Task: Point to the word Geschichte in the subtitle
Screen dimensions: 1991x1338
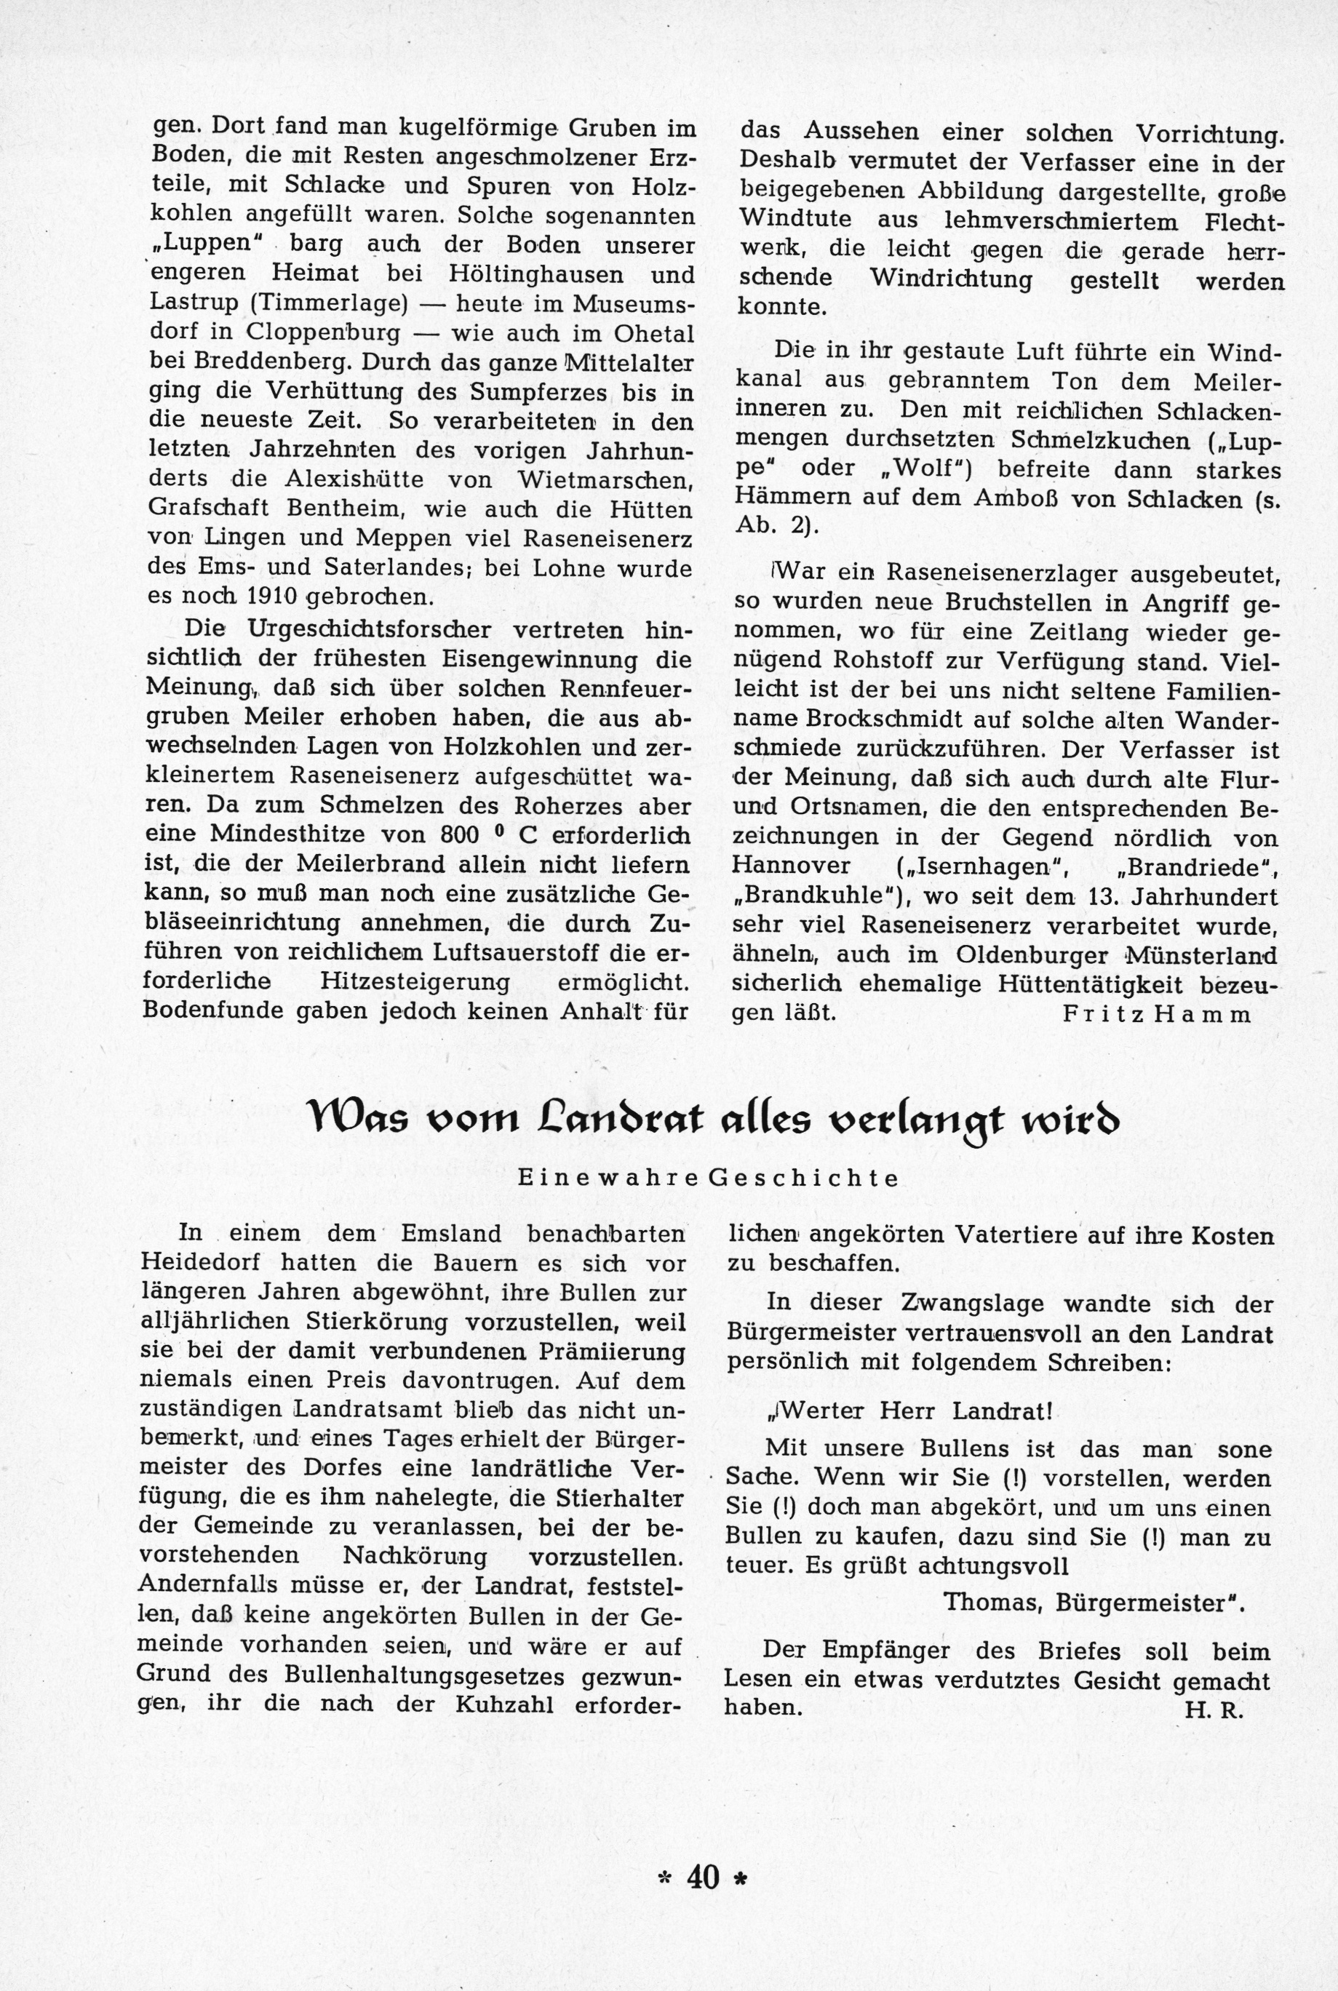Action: point(804,1178)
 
